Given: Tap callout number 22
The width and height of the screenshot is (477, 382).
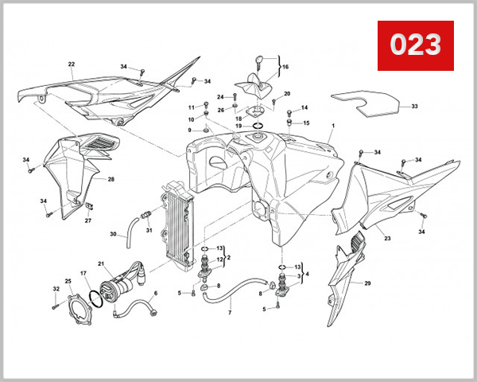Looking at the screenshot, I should click(x=71, y=64).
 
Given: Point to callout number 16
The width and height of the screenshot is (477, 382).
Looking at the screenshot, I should click(x=285, y=67).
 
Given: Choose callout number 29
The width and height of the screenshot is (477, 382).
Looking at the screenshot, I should click(x=367, y=283).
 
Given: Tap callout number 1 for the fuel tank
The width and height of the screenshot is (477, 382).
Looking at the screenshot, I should click(x=333, y=127).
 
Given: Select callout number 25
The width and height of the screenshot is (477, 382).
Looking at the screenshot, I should click(x=68, y=281).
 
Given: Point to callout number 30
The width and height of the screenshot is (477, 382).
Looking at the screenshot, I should click(x=113, y=234).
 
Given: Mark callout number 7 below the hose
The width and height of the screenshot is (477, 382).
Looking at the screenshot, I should click(x=230, y=313).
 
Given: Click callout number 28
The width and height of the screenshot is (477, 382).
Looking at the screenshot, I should click(x=111, y=180).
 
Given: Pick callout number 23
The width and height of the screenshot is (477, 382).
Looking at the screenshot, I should click(x=387, y=238).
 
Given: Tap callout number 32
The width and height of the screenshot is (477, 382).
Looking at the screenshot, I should click(x=55, y=289).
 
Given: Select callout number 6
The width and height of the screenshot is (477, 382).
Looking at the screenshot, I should click(x=155, y=293).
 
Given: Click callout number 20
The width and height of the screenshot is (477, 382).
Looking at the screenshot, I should click(x=287, y=94).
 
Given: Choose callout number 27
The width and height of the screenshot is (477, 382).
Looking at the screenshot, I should click(x=87, y=220).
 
